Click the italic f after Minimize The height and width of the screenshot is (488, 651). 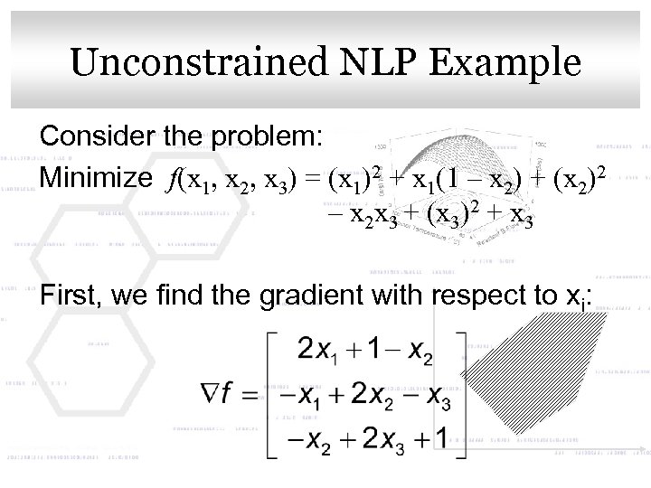(171, 179)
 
